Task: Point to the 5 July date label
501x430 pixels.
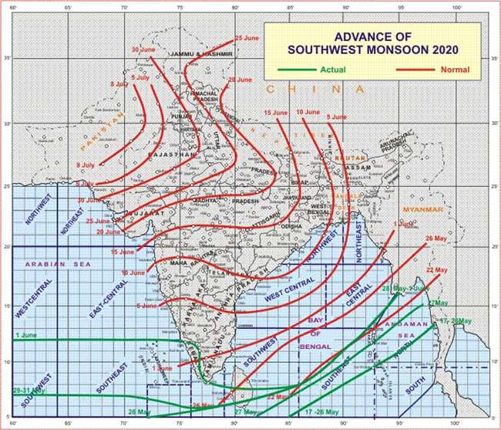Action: [x=140, y=78]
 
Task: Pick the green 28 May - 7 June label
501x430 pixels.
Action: [x=405, y=288]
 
